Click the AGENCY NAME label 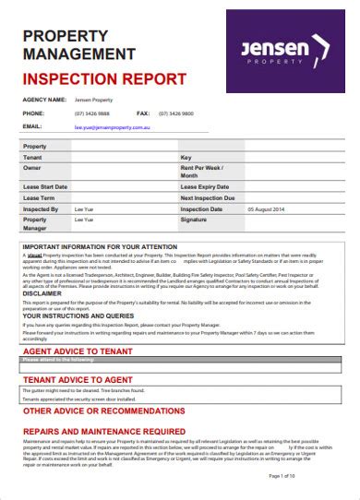point(44,99)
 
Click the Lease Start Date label point(45,185)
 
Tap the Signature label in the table point(195,220)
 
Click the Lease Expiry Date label point(205,185)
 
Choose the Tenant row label point(33,159)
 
